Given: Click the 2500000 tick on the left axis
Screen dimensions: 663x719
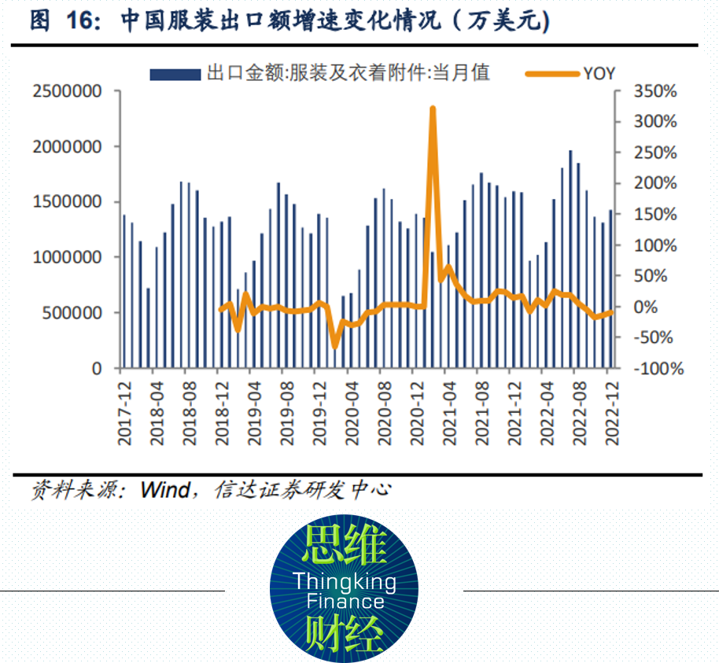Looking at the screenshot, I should pos(68,91).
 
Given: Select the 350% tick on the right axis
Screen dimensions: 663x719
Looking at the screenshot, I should pos(654,91).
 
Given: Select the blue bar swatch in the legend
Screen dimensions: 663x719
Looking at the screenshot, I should pos(175,74).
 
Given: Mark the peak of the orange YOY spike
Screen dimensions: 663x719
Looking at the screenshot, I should pos(433,109).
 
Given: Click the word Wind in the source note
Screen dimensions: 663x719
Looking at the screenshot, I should pos(164,490).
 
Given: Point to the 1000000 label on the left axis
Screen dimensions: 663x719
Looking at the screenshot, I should pos(68,257).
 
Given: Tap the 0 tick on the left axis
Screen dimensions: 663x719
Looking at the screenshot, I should pos(97,368).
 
